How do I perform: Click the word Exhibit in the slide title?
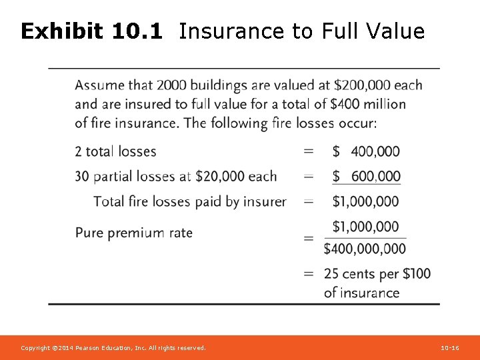click(x=61, y=31)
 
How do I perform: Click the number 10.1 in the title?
click(x=137, y=31)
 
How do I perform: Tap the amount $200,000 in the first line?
click(x=363, y=85)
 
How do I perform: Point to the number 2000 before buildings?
click(x=173, y=85)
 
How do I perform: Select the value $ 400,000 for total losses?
click(x=366, y=151)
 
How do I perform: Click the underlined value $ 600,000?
click(x=366, y=176)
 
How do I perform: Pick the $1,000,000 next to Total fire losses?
click(x=365, y=201)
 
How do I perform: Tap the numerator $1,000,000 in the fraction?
click(x=365, y=227)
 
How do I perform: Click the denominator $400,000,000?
click(x=365, y=249)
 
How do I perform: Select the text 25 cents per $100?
click(x=377, y=273)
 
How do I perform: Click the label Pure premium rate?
click(x=133, y=233)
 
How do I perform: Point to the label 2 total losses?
click(x=115, y=151)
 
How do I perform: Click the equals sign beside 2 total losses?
click(x=309, y=151)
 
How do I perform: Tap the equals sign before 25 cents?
click(x=309, y=273)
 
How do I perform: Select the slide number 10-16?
click(x=450, y=348)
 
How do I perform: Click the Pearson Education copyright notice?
click(x=113, y=348)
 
